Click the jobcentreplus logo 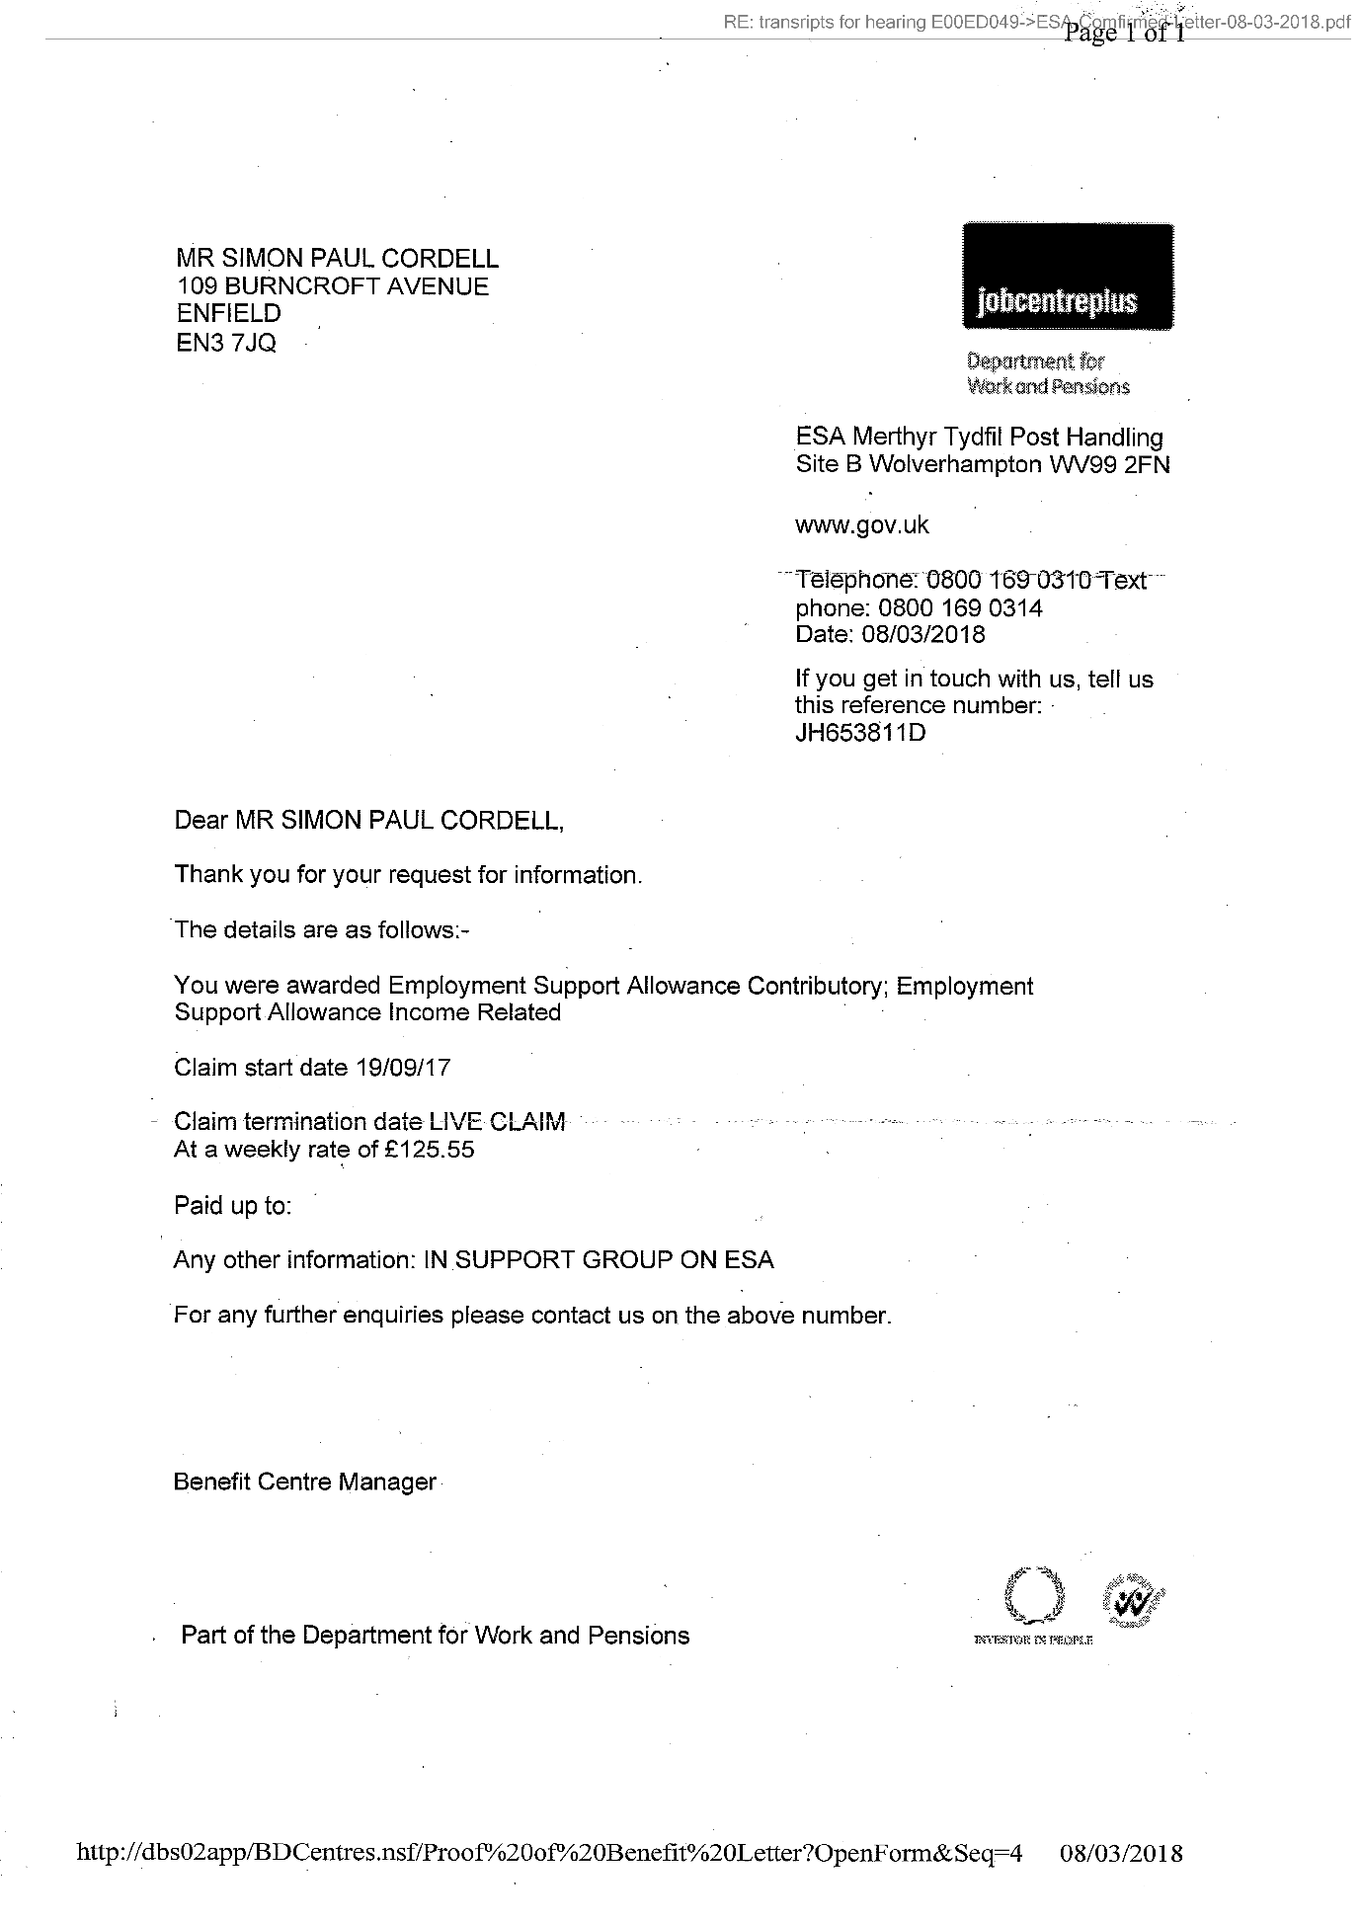[1068, 278]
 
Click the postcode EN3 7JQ [226, 343]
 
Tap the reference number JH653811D [860, 733]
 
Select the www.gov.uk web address [861, 524]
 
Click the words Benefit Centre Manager [304, 1482]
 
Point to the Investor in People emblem [1033, 1602]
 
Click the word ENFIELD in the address [229, 314]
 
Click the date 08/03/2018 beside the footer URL [1120, 1853]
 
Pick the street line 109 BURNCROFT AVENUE [333, 286]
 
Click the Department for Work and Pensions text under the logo [1048, 374]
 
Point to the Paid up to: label [232, 1205]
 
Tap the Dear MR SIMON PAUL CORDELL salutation [369, 821]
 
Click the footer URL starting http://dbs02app [548, 1853]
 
